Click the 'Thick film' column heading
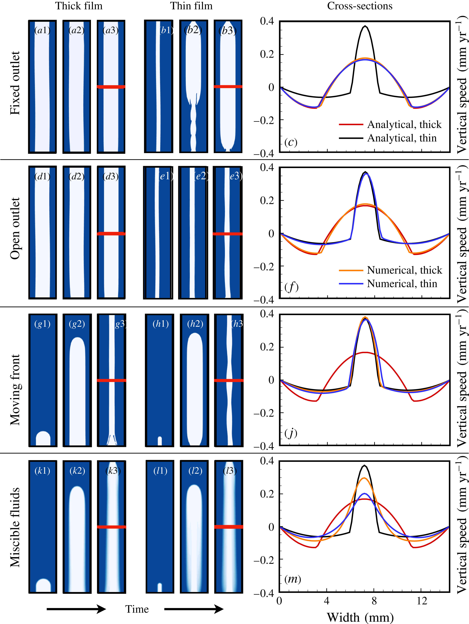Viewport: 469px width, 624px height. click(79, 6)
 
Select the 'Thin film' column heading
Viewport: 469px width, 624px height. click(191, 6)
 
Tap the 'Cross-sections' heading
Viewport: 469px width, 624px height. click(360, 6)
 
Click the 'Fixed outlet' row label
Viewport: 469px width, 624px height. click(15, 83)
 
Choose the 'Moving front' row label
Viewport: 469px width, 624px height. click(15, 390)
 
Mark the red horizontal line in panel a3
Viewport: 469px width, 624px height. click(111, 87)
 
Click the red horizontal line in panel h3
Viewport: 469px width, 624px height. click(229, 380)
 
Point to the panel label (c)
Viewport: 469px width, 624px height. click(291, 142)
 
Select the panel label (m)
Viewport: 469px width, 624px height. click(293, 579)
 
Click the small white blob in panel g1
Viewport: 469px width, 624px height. click(43, 438)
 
